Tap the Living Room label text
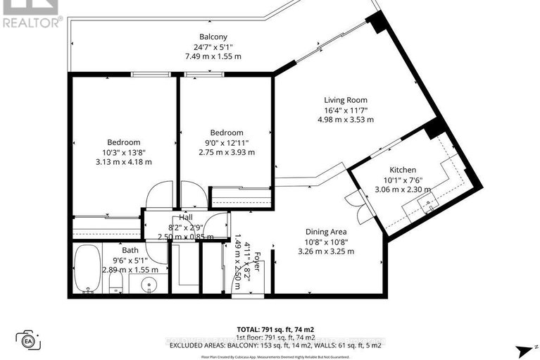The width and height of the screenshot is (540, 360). (345, 100)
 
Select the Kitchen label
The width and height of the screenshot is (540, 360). (403, 170)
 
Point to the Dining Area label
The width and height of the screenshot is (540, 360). (326, 231)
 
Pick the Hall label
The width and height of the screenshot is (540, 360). (185, 218)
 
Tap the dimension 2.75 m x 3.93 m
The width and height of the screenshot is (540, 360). (226, 152)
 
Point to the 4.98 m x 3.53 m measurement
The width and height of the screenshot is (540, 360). (345, 120)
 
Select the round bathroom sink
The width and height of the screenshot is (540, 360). (147, 285)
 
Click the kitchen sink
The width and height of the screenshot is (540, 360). (427, 205)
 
